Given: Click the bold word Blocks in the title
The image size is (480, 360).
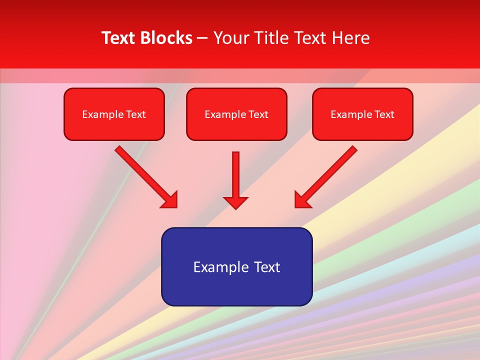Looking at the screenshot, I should point(166,38).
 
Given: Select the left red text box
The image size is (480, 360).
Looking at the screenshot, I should point(114,114).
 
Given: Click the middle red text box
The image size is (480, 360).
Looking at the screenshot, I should point(236,114).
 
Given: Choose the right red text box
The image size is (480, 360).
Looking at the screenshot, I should point(362,114).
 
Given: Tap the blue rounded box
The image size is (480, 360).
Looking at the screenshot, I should point(236,266).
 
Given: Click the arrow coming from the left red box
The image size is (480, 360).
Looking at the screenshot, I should point(145,175).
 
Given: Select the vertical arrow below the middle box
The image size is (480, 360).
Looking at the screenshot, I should point(235,177).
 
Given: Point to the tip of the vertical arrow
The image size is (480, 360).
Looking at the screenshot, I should point(235,207).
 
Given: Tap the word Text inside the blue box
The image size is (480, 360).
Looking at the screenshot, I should point(266,267).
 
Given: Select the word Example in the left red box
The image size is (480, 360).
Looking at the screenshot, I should point(102,114).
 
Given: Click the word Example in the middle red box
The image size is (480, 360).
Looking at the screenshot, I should point(225,114).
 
